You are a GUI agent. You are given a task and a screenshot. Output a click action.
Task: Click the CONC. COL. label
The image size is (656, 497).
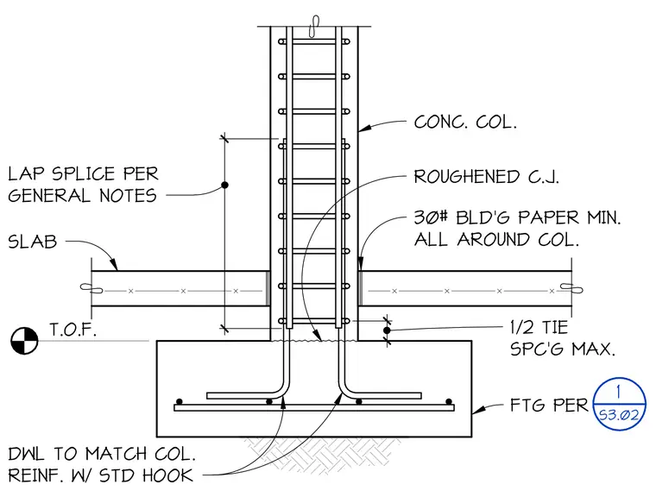[x=465, y=123]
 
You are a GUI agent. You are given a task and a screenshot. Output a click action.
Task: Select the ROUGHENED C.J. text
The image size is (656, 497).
[x=486, y=177]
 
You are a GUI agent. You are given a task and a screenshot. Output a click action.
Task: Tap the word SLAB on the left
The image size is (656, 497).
[x=32, y=242]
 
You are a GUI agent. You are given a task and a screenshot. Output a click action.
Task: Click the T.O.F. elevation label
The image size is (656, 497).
[x=73, y=330]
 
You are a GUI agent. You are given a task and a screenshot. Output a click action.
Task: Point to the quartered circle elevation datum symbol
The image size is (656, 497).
[x=24, y=341]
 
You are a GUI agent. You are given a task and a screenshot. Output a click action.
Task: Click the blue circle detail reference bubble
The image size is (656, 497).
[x=619, y=404]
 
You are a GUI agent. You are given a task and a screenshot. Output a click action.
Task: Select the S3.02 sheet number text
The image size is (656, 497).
[x=619, y=415]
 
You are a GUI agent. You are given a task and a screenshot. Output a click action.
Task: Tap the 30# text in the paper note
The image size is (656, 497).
[x=431, y=217]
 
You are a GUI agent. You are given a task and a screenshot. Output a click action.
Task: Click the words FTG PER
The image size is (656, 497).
[x=548, y=405]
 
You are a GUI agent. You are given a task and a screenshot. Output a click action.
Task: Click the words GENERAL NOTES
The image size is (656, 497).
[x=82, y=195]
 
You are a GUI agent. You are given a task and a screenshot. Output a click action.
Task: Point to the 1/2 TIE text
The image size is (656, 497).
[x=539, y=327]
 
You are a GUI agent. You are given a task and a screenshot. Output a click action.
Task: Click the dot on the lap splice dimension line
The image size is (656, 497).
[x=224, y=185]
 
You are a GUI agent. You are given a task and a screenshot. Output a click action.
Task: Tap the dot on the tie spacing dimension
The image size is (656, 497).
[x=387, y=330]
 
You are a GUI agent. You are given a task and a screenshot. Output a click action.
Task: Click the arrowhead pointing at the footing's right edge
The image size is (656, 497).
[x=478, y=410]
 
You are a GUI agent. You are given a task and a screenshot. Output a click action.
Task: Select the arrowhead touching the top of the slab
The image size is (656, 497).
[x=114, y=265]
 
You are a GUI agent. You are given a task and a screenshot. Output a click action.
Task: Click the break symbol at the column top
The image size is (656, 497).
[x=313, y=27]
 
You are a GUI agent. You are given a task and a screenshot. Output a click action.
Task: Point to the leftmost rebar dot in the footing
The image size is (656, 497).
[x=179, y=401]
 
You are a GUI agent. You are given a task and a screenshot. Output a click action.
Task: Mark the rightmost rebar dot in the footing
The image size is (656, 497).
[x=449, y=401]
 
